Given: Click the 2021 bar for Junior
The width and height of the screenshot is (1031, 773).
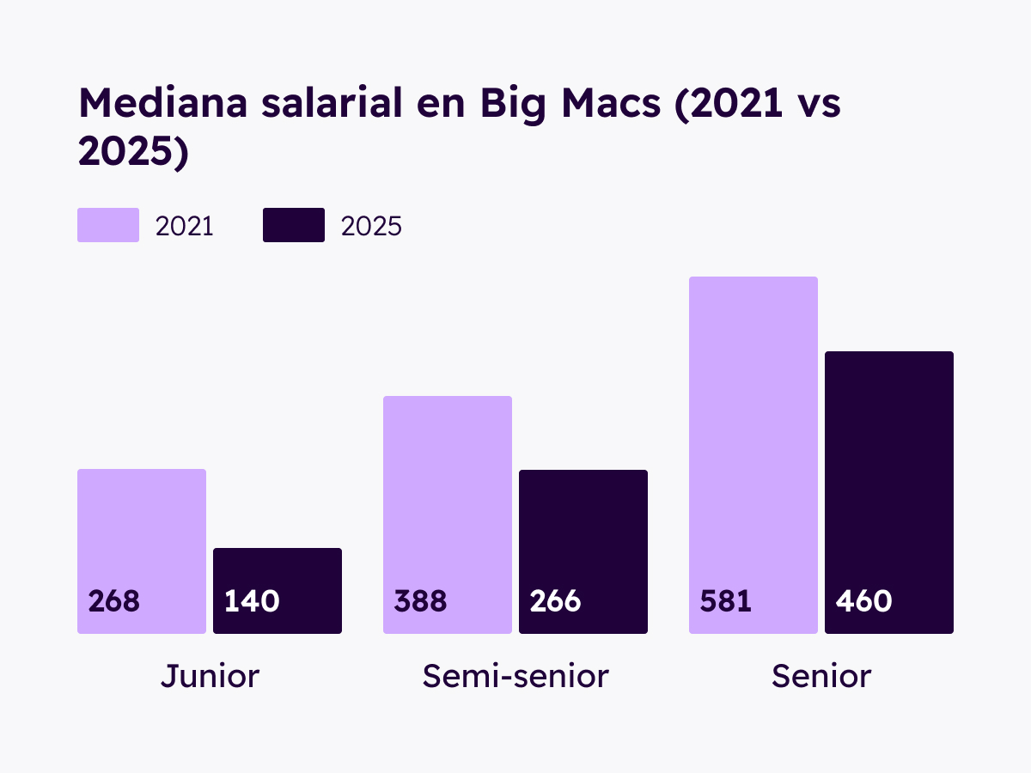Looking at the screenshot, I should pyautogui.click(x=142, y=533).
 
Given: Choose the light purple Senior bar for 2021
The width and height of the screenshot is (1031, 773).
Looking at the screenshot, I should pyautogui.click(x=753, y=429).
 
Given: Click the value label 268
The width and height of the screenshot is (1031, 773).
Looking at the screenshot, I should pyautogui.click(x=114, y=601).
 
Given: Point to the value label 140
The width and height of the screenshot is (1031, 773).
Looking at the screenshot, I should pyautogui.click(x=252, y=601).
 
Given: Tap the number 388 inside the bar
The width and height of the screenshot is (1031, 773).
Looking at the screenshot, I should pyautogui.click(x=420, y=601).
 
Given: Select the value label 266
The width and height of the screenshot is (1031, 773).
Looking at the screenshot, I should pyautogui.click(x=556, y=601).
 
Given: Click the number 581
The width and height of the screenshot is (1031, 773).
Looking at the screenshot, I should pyautogui.click(x=726, y=601).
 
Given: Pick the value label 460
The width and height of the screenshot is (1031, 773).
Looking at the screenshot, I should pyautogui.click(x=863, y=601).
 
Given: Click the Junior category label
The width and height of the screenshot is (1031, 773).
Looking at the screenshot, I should pyautogui.click(x=210, y=677).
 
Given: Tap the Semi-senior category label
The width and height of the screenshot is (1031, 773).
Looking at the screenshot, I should pyautogui.click(x=515, y=677).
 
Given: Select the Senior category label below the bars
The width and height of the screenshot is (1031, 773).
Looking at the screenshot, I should pyautogui.click(x=821, y=677).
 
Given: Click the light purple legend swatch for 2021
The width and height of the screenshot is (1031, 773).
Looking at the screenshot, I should pyautogui.click(x=108, y=225).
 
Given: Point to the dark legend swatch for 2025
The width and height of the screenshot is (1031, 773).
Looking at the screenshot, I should pyautogui.click(x=294, y=225).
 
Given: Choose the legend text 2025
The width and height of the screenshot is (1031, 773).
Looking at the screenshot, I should pyautogui.click(x=371, y=226).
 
